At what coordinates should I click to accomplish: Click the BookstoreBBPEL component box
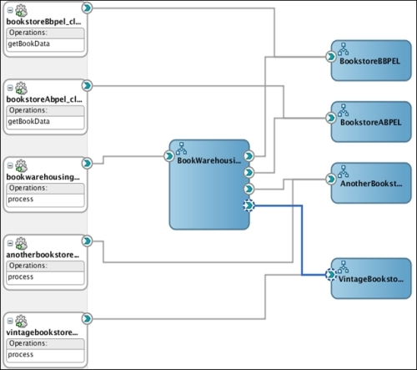click(x=371, y=59)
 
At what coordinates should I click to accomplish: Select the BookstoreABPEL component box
click(x=371, y=121)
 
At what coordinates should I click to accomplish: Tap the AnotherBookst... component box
click(x=371, y=183)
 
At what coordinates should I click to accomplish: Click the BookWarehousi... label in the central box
click(x=208, y=160)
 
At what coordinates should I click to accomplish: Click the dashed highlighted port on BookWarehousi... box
click(x=248, y=205)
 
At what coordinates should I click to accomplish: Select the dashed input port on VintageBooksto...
click(x=331, y=273)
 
